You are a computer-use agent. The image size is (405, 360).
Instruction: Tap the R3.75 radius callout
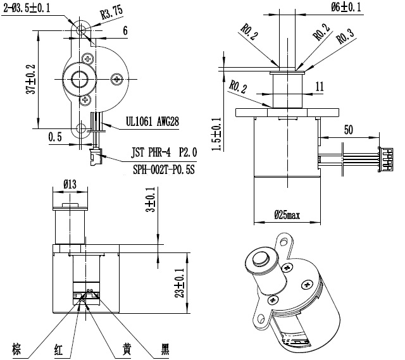[111, 13]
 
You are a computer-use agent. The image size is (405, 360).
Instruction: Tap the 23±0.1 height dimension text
[180, 283]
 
